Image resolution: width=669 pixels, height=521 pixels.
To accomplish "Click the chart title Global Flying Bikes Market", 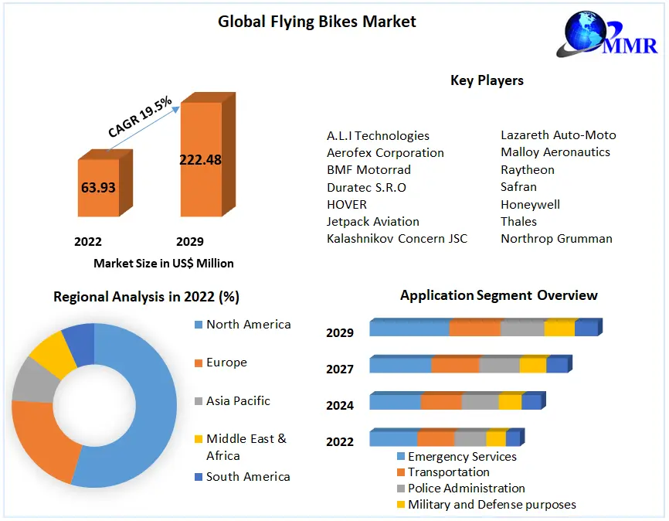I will coord(317,22).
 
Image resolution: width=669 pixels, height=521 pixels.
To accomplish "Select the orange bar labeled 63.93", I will coord(98,188).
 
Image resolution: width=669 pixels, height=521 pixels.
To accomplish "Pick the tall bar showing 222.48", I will coord(200,160).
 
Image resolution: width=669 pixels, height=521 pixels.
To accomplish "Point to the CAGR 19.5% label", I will coord(140,116).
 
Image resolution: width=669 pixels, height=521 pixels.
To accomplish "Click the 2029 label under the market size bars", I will coord(190,242).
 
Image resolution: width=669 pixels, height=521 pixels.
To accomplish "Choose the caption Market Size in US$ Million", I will coord(164,263).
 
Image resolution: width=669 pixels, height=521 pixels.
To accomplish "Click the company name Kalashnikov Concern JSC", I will coord(397,238).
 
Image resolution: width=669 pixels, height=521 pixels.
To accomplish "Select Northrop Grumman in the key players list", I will coord(556,238).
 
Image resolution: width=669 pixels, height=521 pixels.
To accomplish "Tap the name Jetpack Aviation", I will coord(373,221).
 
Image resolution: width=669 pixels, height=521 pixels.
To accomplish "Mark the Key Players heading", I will coord(487,80).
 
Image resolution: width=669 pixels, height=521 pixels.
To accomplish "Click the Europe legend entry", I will coord(226,363).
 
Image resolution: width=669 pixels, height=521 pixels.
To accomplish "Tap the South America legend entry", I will coord(248,476).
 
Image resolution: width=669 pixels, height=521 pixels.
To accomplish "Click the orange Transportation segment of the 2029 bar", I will coord(474,328).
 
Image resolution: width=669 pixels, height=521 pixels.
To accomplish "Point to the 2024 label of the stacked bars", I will coord(340,405).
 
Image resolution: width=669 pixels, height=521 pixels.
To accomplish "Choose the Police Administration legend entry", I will coord(466,489).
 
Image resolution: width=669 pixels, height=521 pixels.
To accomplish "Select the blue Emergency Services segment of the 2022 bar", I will coord(393,438).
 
